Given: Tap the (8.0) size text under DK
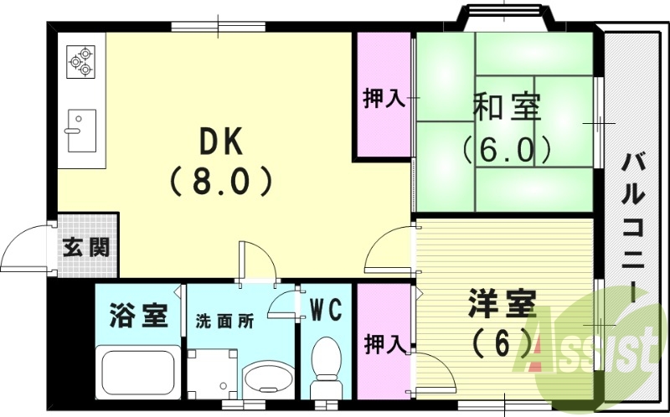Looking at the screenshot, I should coord(221,180).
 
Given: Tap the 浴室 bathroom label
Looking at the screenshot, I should coord(138,317).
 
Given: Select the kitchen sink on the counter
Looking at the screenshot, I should coord(81,130).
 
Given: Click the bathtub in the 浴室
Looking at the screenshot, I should coord(136,372).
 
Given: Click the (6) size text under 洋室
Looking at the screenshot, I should coord(502,342).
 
